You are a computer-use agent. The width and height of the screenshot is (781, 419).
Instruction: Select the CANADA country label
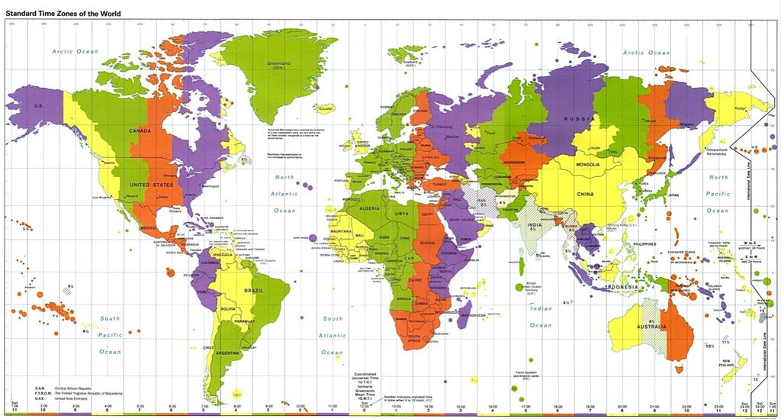(140, 131)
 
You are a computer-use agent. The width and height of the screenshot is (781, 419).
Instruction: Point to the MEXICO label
(148, 227)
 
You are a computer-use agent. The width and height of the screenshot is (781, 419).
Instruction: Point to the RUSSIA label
(577, 119)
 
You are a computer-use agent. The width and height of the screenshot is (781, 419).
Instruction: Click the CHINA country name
(585, 195)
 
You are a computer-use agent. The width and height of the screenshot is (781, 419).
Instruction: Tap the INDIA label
(535, 224)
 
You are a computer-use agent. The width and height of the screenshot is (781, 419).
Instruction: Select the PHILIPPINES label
(644, 243)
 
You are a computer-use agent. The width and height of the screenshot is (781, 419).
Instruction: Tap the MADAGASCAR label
(474, 314)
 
